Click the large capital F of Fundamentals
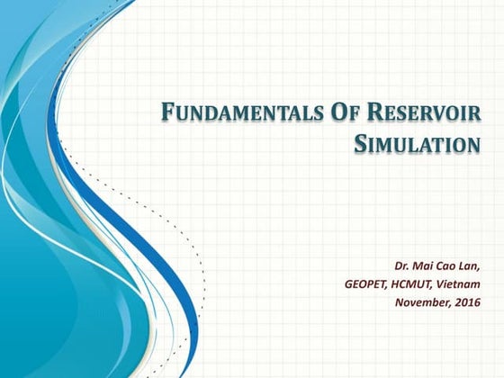click(166, 113)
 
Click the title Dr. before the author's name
click(403, 267)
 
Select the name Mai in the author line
click(427, 267)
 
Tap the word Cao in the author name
click(451, 267)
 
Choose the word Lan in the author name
click(473, 267)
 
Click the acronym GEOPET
click(366, 284)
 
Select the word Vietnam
click(461, 284)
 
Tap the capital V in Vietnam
click(445, 284)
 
